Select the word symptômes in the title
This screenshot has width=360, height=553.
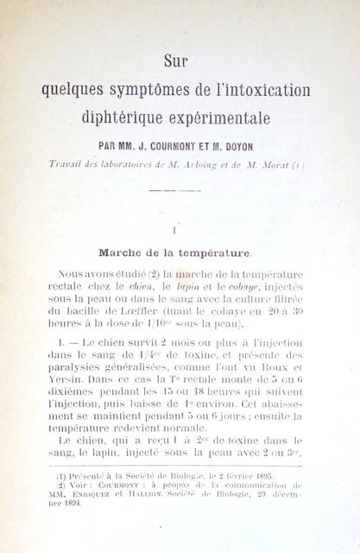point(145,89)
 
